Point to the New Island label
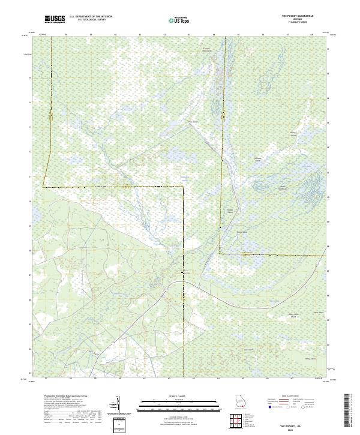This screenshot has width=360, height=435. click(x=319, y=312)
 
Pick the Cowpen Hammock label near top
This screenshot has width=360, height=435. click(x=207, y=49)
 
